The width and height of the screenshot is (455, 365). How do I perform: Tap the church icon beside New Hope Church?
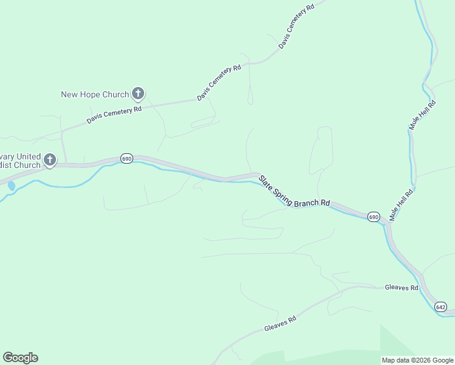pyautogui.click(x=138, y=94)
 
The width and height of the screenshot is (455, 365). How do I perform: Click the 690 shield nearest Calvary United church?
pyautogui.click(x=127, y=158)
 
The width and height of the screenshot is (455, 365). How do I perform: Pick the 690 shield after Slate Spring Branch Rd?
pyautogui.click(x=373, y=217)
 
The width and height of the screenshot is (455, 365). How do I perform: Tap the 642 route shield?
pyautogui.click(x=441, y=307)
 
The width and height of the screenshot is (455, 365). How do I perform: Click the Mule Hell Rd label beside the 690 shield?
pyautogui.click(x=402, y=204)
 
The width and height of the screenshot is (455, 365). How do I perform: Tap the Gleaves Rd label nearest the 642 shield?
pyautogui.click(x=401, y=287)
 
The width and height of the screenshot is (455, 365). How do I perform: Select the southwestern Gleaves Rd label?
pyautogui.click(x=280, y=324)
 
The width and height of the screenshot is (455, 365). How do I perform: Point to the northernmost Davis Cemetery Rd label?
pyautogui.click(x=296, y=26)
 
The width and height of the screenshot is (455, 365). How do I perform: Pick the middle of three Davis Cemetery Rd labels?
pyautogui.click(x=219, y=82)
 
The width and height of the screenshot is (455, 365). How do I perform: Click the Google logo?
pyautogui.click(x=20, y=358)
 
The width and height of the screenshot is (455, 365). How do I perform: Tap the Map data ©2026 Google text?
pyautogui.click(x=417, y=360)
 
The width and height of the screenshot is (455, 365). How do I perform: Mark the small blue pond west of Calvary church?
pyautogui.click(x=10, y=185)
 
